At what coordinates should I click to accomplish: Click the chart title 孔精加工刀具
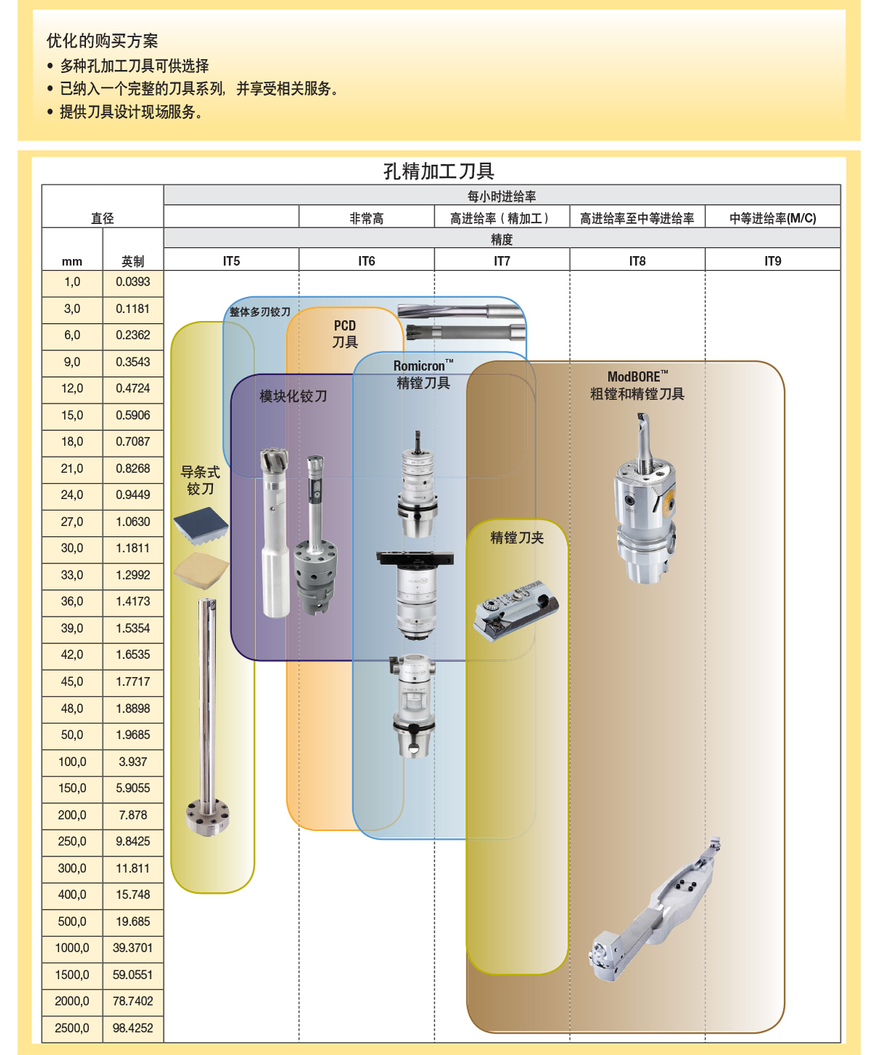point(439,171)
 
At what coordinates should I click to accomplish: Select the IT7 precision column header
point(502,261)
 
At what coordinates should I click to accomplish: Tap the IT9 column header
point(772,261)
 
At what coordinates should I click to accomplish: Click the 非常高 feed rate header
point(366,218)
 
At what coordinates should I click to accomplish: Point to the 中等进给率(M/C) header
point(772,218)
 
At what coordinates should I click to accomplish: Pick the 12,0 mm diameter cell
point(72,389)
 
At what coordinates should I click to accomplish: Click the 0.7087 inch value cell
point(133,442)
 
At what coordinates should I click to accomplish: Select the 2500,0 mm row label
point(72,1028)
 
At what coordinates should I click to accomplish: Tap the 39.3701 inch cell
point(133,948)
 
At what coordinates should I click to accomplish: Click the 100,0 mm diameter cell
point(72,762)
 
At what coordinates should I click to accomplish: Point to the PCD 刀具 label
point(345,334)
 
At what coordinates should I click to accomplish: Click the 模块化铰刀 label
point(293,396)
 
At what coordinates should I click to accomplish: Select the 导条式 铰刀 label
point(200,481)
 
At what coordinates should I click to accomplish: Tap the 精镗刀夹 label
point(517,538)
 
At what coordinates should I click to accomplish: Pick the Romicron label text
point(422,366)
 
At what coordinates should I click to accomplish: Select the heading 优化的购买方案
point(102,41)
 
